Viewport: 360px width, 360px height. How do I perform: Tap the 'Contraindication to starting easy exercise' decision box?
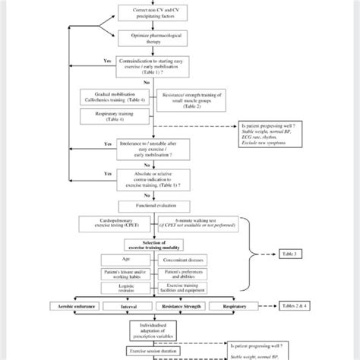point(153,65)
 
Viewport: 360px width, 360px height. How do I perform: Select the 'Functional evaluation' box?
point(153,206)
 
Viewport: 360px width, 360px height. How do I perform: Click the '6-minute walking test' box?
point(191,226)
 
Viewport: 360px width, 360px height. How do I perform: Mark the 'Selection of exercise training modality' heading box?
point(153,245)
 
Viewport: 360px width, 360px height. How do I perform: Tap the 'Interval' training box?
point(131,306)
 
